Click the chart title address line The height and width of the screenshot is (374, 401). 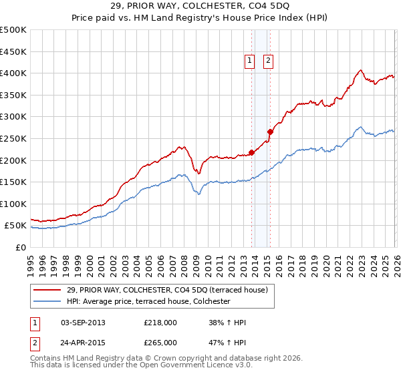point(200,7)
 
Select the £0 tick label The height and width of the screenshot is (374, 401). point(21,247)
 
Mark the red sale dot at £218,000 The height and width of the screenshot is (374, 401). point(252,152)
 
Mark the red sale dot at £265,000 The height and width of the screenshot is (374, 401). point(271,132)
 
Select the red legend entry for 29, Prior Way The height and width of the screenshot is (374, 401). point(167,290)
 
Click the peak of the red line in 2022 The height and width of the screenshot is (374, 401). point(360,70)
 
